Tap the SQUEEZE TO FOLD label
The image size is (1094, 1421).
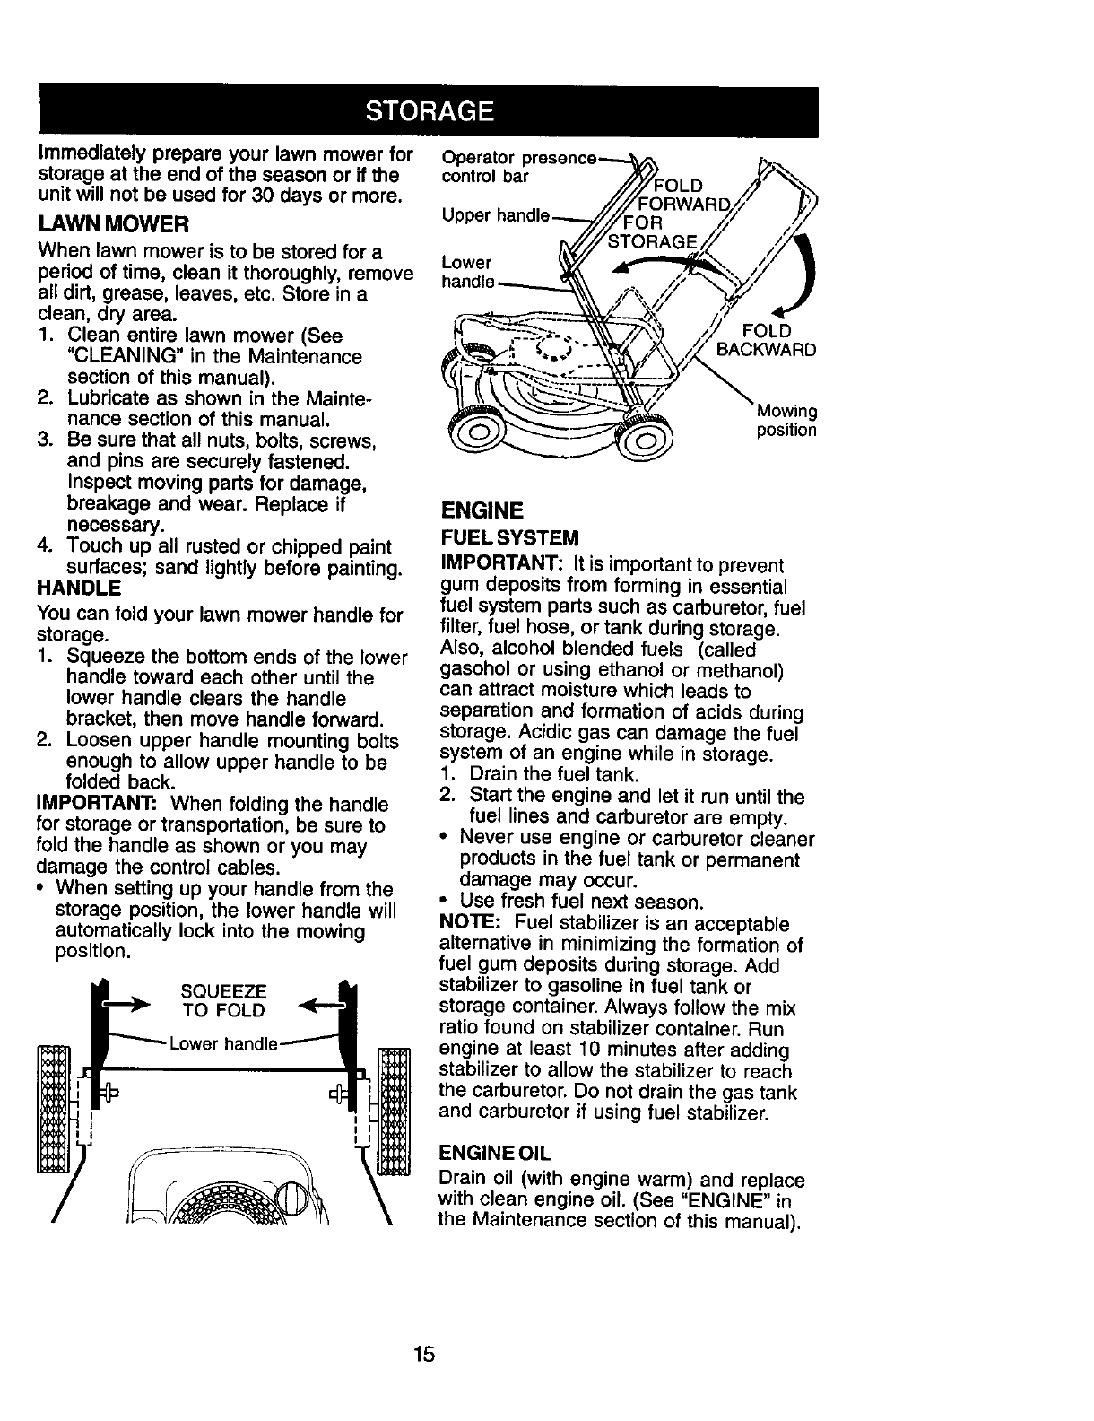point(223,1001)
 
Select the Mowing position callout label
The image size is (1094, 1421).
point(786,421)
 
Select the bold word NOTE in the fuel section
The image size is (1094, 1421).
point(465,924)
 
